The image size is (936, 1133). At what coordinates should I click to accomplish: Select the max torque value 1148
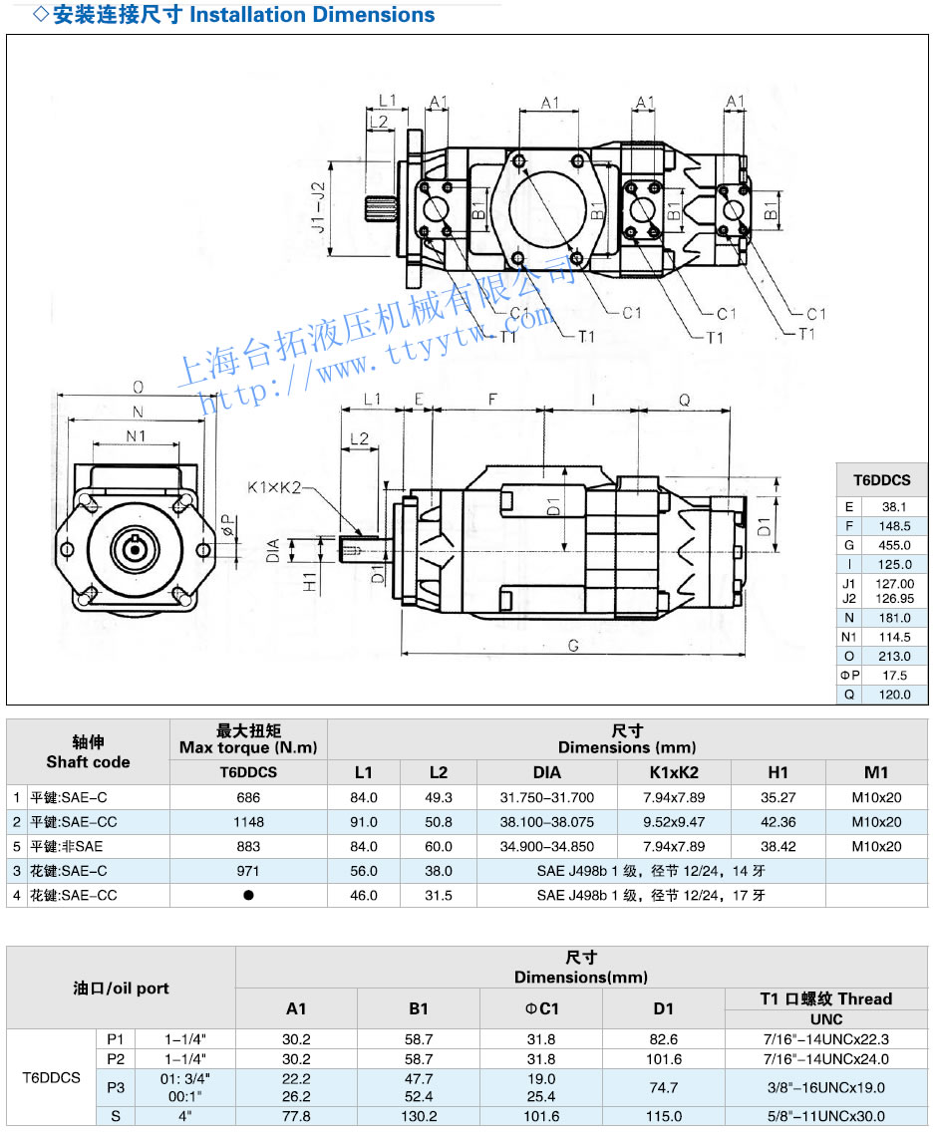click(248, 822)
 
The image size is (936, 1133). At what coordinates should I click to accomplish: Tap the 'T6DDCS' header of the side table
click(881, 480)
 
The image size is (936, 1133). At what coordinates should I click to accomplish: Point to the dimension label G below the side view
click(573, 646)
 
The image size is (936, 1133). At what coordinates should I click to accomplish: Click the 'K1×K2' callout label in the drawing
click(272, 488)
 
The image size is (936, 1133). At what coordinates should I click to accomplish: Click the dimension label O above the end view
click(138, 387)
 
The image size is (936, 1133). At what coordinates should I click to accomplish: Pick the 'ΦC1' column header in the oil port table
click(541, 1008)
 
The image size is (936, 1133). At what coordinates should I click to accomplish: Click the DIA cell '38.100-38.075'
click(547, 822)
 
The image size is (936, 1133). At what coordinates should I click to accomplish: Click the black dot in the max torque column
click(248, 895)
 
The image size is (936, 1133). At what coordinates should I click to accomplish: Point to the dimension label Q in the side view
click(684, 399)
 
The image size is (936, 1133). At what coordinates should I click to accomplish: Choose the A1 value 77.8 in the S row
click(296, 1116)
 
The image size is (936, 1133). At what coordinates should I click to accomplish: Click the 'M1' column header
click(876, 771)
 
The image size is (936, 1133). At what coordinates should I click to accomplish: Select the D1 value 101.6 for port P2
click(664, 1059)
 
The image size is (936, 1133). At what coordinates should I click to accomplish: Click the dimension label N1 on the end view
click(137, 435)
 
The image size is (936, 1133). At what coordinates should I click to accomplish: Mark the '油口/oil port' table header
click(121, 988)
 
